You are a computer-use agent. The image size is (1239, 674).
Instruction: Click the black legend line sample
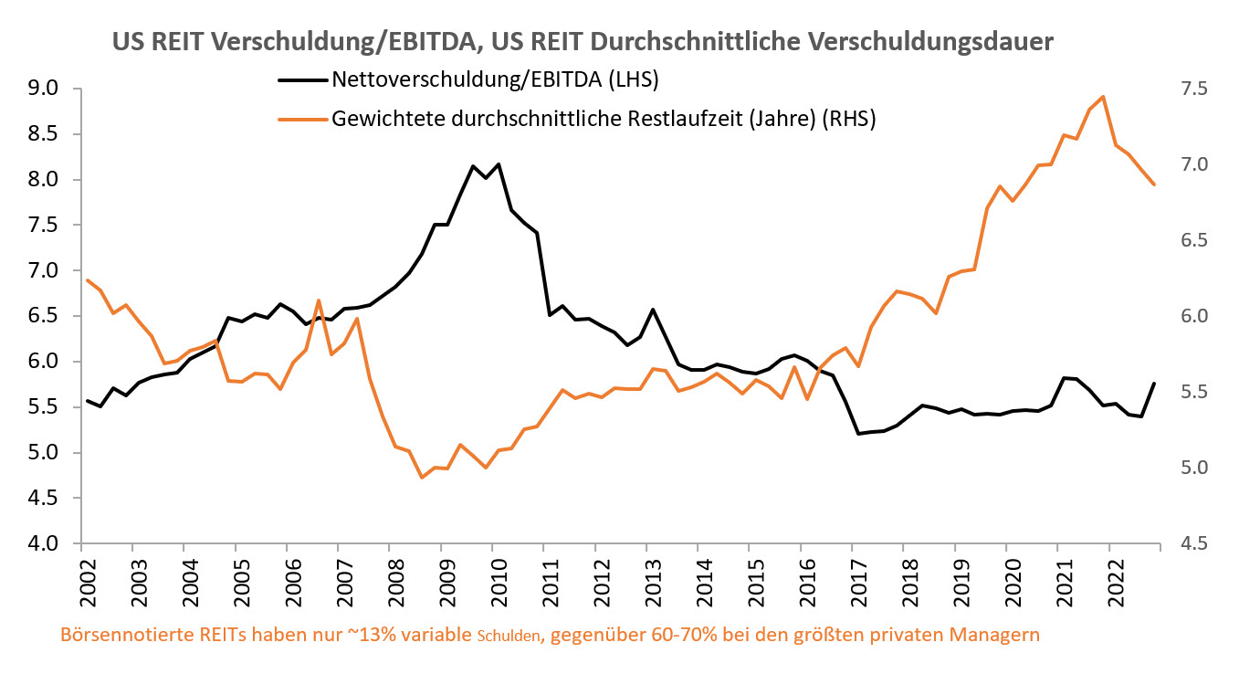coord(302,79)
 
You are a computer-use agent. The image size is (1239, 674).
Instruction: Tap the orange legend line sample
coord(302,119)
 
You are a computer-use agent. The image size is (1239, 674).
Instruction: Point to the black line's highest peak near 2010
coord(499,164)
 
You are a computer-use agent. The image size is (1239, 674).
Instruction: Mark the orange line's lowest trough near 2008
coord(422,477)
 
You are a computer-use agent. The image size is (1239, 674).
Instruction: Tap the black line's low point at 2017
coord(857,434)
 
